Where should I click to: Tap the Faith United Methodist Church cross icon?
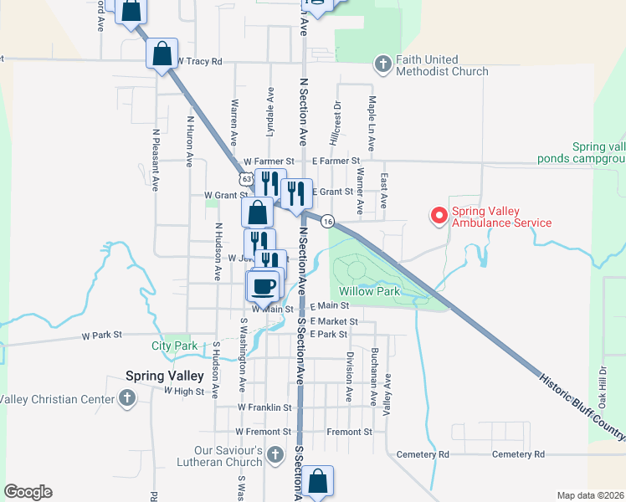[382, 64]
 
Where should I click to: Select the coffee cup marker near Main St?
[263, 285]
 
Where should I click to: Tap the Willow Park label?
[371, 291]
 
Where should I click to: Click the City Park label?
[174, 346]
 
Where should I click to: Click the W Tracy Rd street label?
[200, 61]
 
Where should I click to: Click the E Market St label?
[334, 321]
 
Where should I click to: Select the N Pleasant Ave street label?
[156, 160]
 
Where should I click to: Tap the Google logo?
[28, 492]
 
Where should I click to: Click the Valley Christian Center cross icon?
[126, 398]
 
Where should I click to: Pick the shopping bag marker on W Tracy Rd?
[162, 54]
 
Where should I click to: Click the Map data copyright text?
[589, 495]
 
